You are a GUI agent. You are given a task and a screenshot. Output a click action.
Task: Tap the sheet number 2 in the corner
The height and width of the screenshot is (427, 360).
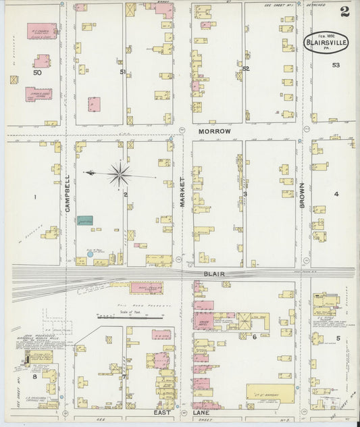345,11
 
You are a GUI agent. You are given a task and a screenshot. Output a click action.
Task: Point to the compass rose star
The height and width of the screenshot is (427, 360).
120,174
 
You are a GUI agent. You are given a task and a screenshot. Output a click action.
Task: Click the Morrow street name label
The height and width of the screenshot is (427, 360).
215,130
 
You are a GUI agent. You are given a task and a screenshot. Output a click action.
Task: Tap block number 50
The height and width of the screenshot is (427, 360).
37,72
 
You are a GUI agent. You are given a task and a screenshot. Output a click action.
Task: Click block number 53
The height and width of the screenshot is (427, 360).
336,66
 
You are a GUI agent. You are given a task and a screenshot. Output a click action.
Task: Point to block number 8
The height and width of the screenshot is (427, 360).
34,378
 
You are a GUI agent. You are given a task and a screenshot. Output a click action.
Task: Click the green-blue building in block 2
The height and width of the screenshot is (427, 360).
84,220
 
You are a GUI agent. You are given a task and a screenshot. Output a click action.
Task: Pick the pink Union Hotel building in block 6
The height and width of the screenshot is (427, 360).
203,320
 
